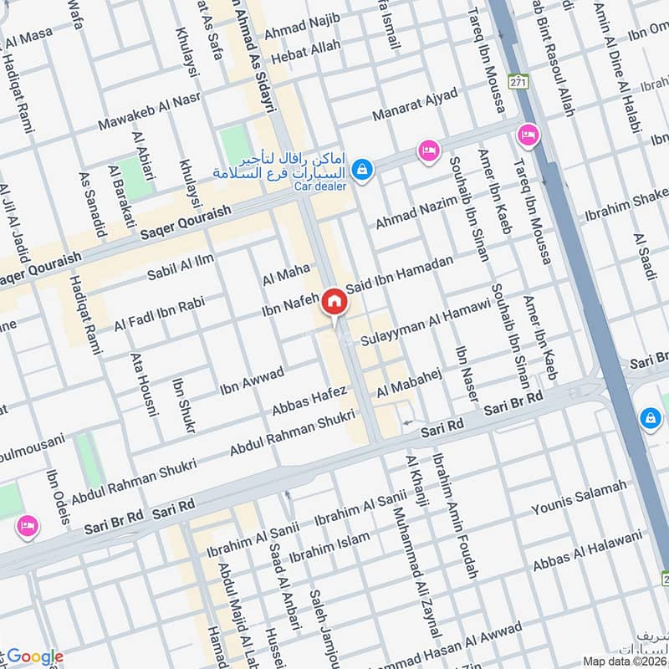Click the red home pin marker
click(x=334, y=303)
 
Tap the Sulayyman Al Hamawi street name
click(x=426, y=322)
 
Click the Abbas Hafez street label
click(x=309, y=400)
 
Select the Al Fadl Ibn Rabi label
click(x=160, y=314)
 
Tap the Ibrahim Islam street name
click(x=329, y=547)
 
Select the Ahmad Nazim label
click(x=417, y=211)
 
